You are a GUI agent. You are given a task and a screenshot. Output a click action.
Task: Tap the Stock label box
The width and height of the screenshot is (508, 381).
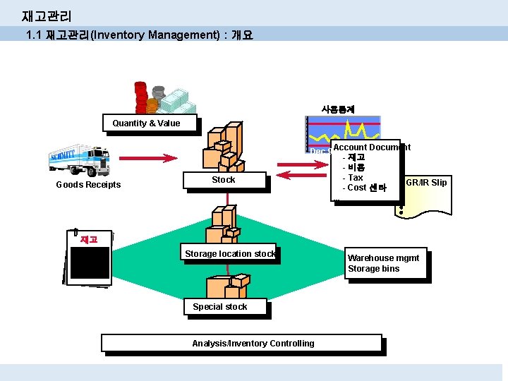(x=224, y=181)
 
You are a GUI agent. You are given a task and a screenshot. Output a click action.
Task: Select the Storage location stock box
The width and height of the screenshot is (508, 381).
(x=229, y=254)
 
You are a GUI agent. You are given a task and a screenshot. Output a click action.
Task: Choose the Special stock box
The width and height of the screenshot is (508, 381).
(x=220, y=307)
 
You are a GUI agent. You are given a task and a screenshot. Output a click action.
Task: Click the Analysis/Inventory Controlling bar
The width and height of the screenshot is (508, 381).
(x=241, y=344)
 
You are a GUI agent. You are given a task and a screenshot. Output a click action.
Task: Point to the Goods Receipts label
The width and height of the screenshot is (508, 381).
(x=88, y=185)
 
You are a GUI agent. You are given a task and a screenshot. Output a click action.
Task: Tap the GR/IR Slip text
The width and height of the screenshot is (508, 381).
(x=426, y=183)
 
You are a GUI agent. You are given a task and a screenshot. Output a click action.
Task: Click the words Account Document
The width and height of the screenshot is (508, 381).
(x=371, y=147)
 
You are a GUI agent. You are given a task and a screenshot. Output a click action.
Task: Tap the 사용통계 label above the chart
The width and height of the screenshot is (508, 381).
(x=338, y=109)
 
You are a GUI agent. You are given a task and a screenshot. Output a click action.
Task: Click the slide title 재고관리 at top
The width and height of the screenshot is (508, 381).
(x=47, y=16)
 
